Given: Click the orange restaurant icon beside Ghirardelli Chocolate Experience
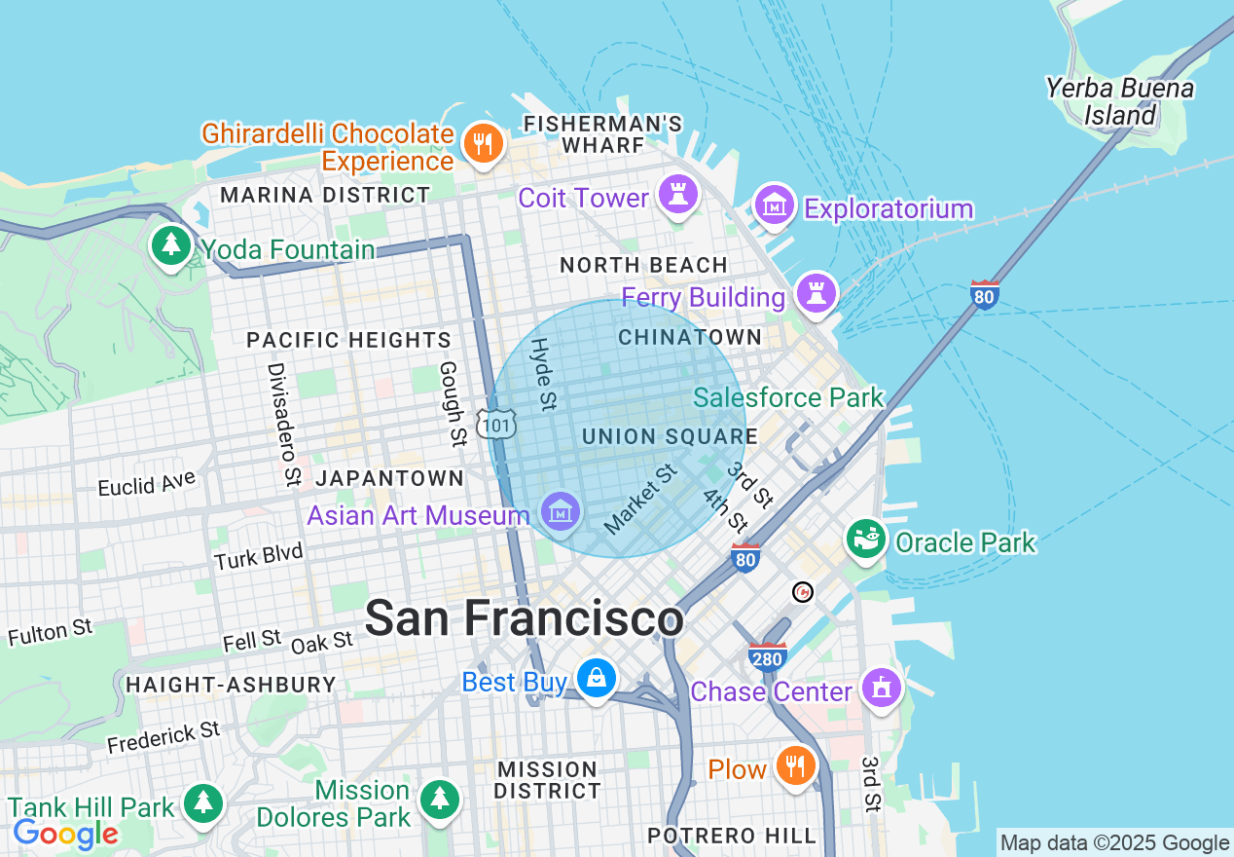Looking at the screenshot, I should [x=482, y=144].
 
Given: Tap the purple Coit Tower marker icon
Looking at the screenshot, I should [x=678, y=195].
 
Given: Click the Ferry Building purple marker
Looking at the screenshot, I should [x=816, y=293].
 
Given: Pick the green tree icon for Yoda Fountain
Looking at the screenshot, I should [x=171, y=246].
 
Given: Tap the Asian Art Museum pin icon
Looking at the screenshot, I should [x=561, y=511].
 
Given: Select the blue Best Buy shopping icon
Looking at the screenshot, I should [x=595, y=679].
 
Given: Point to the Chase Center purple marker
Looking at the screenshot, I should [x=882, y=689].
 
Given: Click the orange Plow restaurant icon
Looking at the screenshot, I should [x=796, y=766].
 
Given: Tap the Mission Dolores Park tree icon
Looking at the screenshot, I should [x=440, y=801].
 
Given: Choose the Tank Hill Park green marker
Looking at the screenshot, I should [x=202, y=803].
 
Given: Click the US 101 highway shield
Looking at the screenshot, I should [x=496, y=424].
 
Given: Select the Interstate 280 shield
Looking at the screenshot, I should [x=767, y=657].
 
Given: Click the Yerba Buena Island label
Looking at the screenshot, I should [x=1120, y=101].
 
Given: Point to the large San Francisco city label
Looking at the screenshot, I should [x=524, y=618].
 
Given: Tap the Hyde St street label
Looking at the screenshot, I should [x=543, y=373].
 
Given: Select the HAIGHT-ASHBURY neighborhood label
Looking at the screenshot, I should [x=231, y=685].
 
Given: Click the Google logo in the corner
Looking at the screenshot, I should [x=65, y=835].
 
